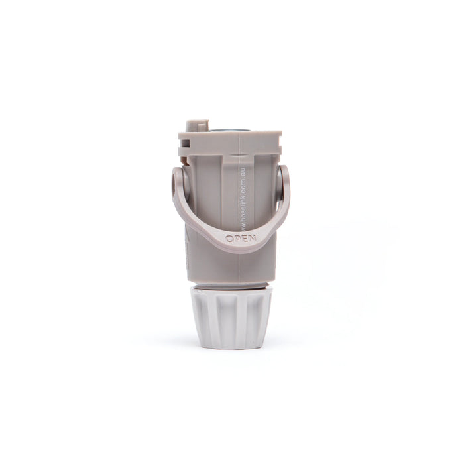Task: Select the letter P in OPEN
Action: tap(237, 239)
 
